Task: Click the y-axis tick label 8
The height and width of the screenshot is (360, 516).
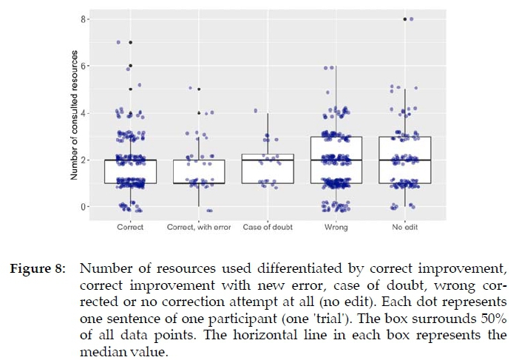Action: (84, 18)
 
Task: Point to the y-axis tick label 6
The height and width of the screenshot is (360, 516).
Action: (84, 66)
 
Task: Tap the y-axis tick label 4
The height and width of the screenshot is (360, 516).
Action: (84, 112)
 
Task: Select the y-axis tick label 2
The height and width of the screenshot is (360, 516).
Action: (84, 160)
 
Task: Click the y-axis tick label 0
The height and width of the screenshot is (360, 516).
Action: (84, 206)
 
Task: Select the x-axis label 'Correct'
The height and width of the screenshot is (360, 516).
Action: (130, 227)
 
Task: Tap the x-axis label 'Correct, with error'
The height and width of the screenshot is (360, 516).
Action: (199, 227)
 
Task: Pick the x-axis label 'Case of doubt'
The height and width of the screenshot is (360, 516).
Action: (268, 227)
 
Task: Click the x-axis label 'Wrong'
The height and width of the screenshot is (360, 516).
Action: (336, 227)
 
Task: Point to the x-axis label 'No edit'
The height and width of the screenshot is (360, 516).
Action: (405, 227)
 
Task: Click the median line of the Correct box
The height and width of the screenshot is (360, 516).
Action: (130, 160)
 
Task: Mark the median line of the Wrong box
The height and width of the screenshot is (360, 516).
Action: (336, 160)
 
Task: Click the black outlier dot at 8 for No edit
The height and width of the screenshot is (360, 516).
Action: (405, 18)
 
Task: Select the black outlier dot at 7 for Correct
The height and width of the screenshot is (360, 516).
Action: (130, 42)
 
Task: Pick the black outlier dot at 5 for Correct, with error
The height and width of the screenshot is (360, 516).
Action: (199, 89)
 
